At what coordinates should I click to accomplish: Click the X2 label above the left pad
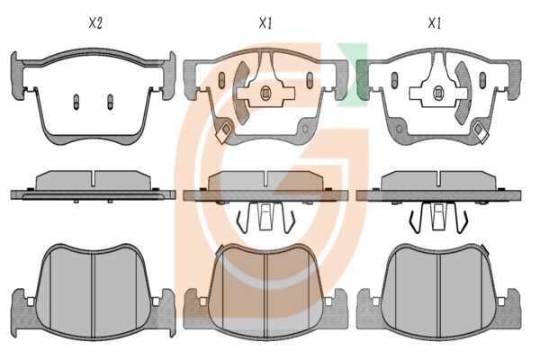pyautogui.click(x=95, y=23)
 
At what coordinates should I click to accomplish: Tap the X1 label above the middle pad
pyautogui.click(x=265, y=23)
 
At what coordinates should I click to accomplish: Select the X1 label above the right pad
pyautogui.click(x=435, y=23)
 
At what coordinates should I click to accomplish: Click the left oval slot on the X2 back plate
pyautogui.click(x=76, y=102)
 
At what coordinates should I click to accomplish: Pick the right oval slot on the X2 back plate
pyautogui.click(x=110, y=102)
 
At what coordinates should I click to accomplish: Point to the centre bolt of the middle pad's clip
pyautogui.click(x=265, y=93)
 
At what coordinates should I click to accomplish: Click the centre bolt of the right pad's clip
pyautogui.click(x=437, y=93)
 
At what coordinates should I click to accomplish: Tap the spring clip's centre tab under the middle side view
pyautogui.click(x=265, y=217)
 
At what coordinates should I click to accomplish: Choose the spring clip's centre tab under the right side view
pyautogui.click(x=437, y=217)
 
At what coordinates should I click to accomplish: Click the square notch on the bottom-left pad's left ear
pyautogui.click(x=31, y=302)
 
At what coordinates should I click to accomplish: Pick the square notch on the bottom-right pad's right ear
pyautogui.click(x=501, y=302)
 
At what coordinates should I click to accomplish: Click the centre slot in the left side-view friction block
pyautogui.click(x=94, y=178)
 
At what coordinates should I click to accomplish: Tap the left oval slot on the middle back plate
pyautogui.click(x=221, y=81)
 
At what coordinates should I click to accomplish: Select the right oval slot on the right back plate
pyautogui.click(x=482, y=81)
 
